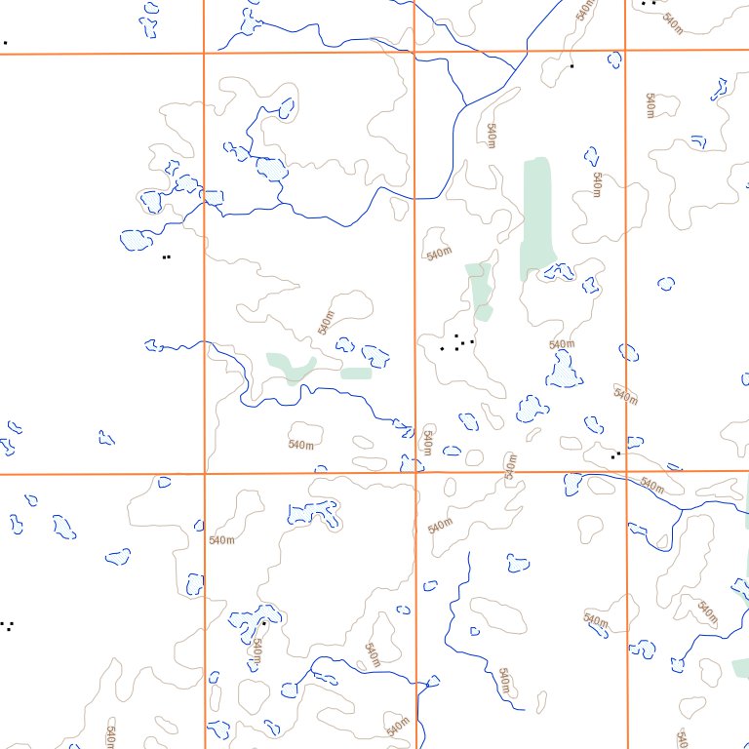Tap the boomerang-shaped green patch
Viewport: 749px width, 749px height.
[291, 367]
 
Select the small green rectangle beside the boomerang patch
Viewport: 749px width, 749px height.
[356, 373]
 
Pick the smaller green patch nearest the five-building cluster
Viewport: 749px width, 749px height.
[478, 290]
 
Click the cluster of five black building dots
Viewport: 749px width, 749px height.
[457, 342]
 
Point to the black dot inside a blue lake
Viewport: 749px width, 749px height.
[263, 621]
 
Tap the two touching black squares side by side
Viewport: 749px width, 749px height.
[167, 256]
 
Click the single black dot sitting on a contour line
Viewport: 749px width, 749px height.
[572, 65]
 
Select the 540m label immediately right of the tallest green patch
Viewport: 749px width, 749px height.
[597, 184]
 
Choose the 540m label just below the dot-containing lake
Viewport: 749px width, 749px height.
[256, 650]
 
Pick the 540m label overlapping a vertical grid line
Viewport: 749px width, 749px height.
[426, 442]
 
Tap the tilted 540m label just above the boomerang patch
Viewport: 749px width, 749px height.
[327, 322]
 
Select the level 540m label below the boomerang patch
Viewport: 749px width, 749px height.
[301, 445]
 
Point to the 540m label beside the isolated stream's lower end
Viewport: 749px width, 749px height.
[504, 681]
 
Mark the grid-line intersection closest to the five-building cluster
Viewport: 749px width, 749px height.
[416, 473]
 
